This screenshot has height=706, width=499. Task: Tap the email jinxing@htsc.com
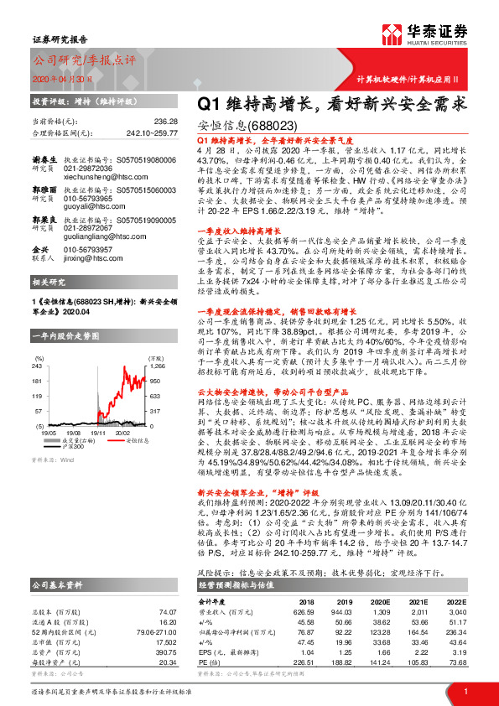point(88,260)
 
